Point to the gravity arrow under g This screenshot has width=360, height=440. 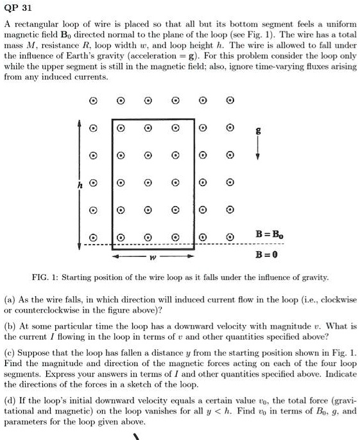pos(257,148)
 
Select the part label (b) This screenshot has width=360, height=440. pos(11,326)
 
